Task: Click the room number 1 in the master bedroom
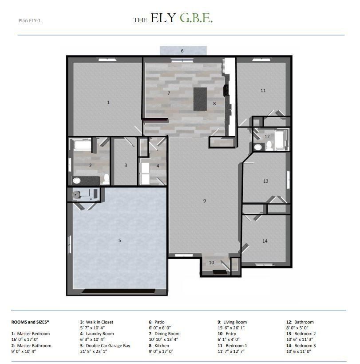click(108, 103)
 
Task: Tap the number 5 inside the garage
click(119, 240)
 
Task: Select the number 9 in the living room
click(205, 201)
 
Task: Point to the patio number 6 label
click(182, 51)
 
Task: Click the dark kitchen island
click(200, 99)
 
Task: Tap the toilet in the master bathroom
click(106, 179)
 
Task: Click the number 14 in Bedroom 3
click(265, 241)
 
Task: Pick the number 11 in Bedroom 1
click(263, 91)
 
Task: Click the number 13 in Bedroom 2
click(266, 181)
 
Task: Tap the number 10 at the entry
click(212, 263)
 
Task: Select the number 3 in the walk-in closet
click(126, 165)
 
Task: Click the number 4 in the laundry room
click(158, 166)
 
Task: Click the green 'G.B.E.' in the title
click(196, 19)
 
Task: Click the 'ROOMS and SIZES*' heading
click(30, 322)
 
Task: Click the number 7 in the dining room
click(169, 93)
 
